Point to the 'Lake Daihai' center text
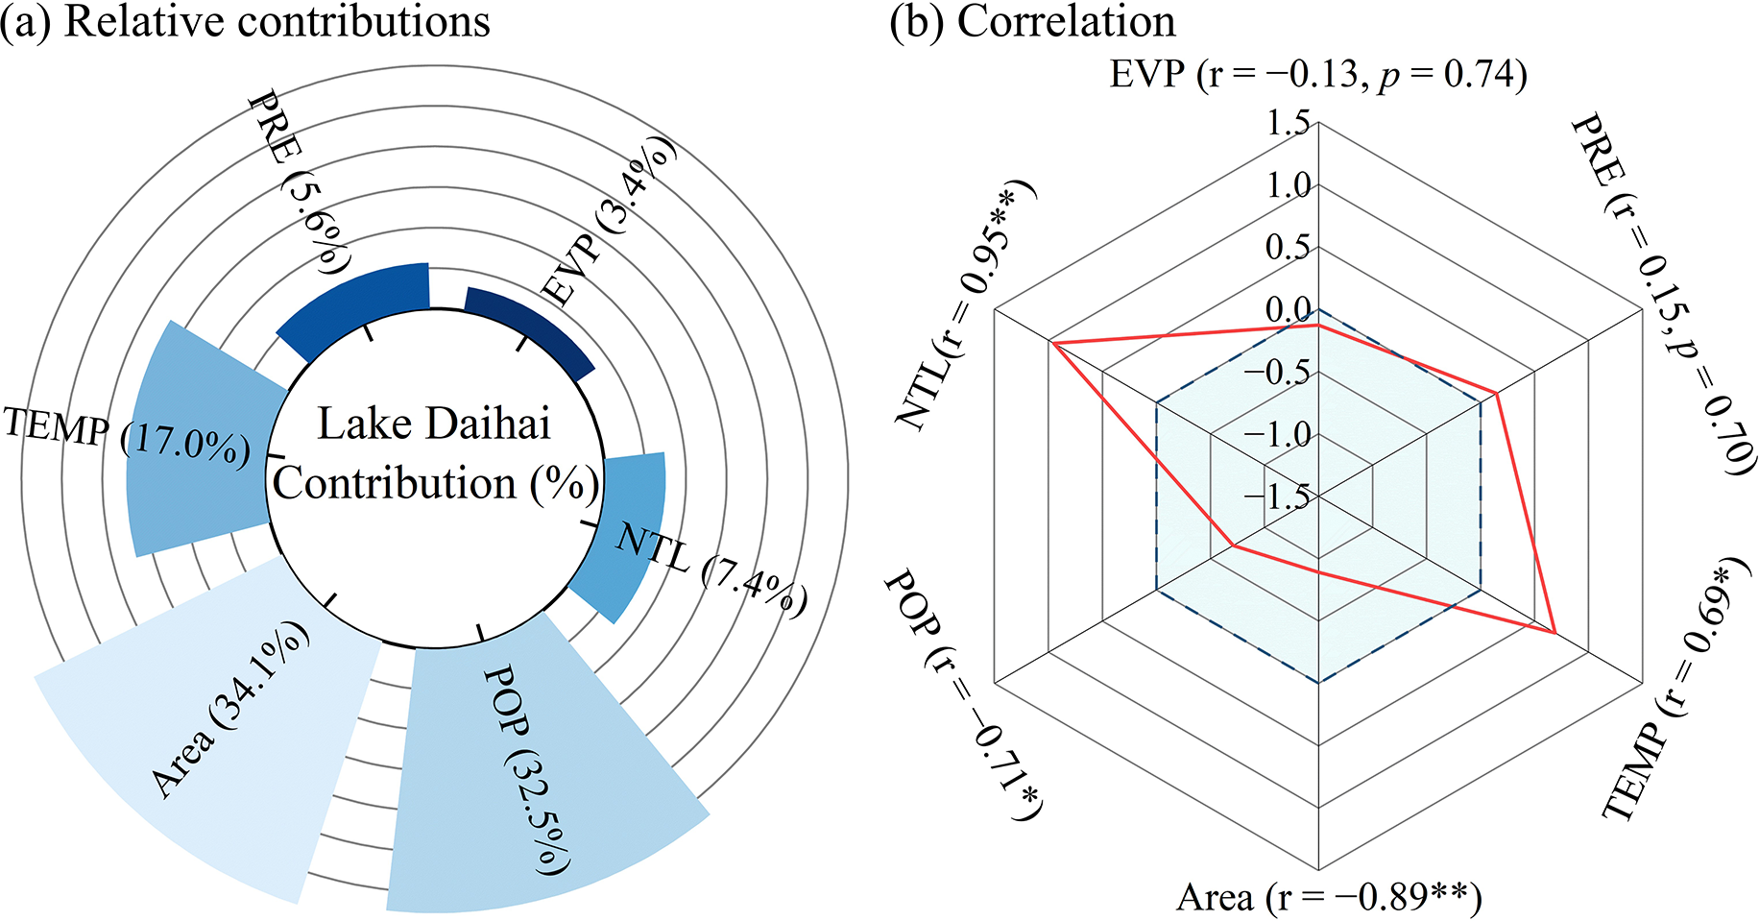[434, 424]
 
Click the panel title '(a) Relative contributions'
[246, 21]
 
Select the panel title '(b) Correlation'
[1032, 21]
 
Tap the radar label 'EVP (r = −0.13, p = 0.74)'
[1318, 75]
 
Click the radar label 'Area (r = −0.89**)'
[1329, 897]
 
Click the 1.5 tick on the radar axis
[1289, 123]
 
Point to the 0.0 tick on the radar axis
[1289, 309]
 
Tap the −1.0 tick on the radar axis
[1277, 434]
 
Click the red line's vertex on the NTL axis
[1052, 342]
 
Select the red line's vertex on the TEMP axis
[1554, 633]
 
